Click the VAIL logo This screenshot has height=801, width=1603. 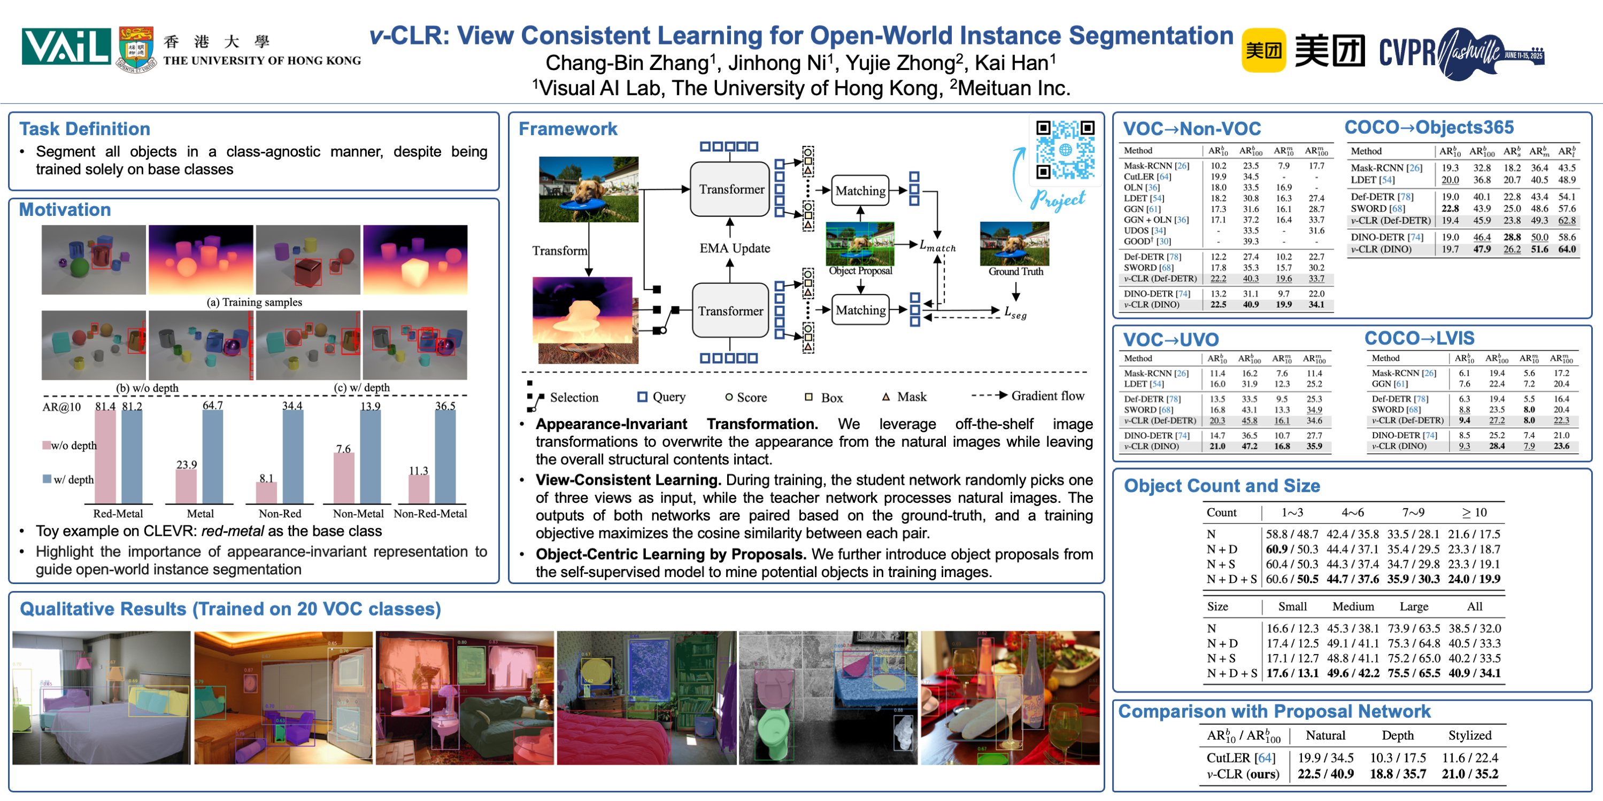(66, 46)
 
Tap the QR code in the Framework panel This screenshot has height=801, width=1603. (1065, 149)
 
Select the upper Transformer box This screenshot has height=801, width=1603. (730, 189)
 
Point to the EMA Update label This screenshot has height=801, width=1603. (734, 248)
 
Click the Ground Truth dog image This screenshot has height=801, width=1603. (1014, 244)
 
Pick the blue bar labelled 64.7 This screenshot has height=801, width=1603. (213, 457)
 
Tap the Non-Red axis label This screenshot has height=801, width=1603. (280, 514)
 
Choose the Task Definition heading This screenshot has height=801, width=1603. (84, 129)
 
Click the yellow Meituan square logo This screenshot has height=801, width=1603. (1263, 50)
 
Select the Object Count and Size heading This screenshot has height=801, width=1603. (1222, 486)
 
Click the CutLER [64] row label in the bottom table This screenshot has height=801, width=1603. (1240, 758)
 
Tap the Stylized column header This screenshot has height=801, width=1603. (1469, 735)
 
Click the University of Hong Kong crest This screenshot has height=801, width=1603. (136, 50)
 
